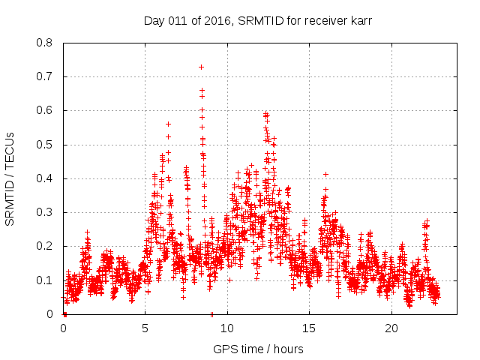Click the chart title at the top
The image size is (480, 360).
258,21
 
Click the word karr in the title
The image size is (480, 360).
360,21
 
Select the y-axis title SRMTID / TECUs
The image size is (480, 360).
10,178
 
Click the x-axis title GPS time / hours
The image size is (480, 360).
258,349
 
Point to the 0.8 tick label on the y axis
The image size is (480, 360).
46,43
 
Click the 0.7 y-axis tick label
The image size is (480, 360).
46,76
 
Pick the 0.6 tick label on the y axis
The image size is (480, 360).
46,110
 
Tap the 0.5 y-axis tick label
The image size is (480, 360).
46,145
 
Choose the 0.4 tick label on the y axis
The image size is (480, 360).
46,178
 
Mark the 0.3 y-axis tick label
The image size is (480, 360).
46,212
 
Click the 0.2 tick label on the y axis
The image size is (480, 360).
46,246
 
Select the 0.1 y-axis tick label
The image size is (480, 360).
46,280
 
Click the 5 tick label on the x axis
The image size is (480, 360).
145,328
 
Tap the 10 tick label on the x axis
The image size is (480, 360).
227,328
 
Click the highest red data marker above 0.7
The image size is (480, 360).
201,67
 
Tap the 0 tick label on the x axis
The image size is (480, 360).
64,328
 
